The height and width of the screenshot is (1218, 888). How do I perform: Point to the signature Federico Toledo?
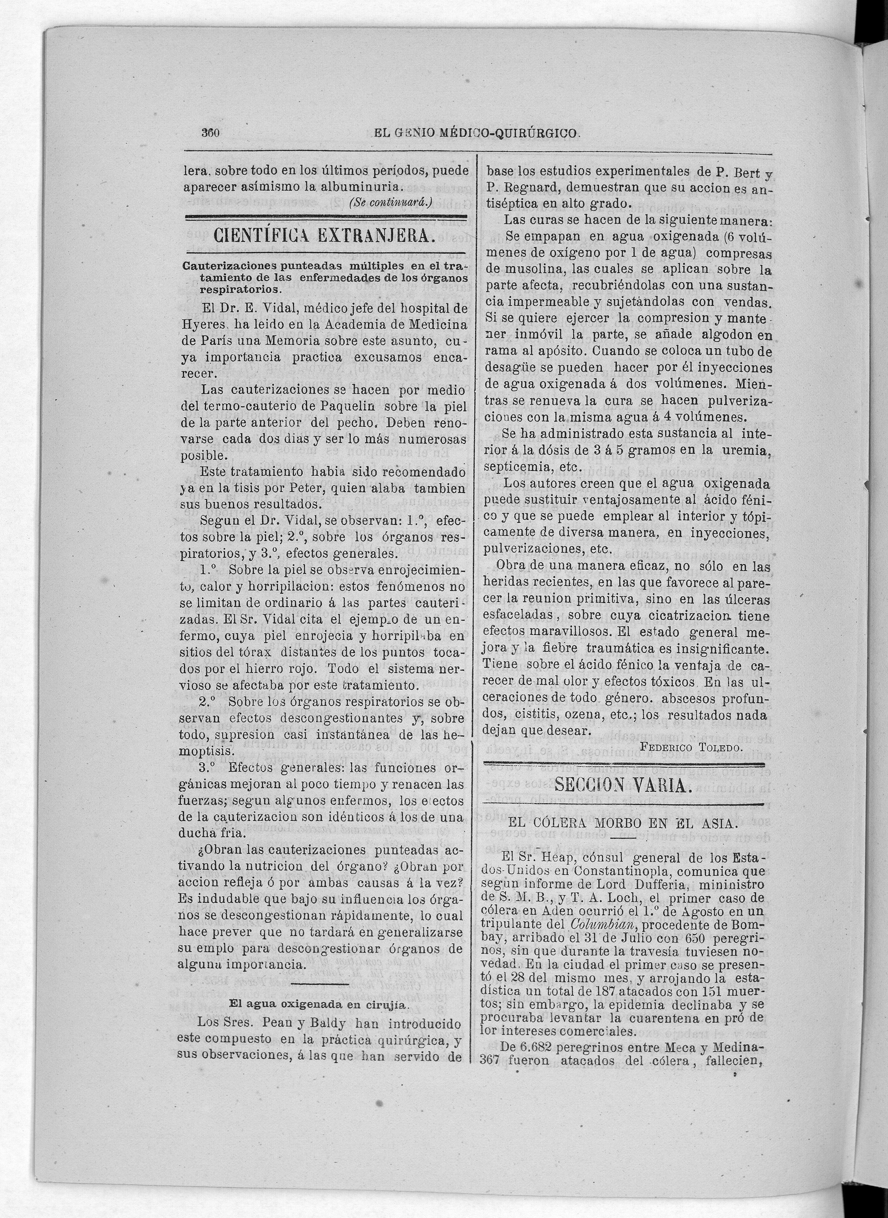[692, 747]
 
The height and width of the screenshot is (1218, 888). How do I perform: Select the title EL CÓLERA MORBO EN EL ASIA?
[624, 825]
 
